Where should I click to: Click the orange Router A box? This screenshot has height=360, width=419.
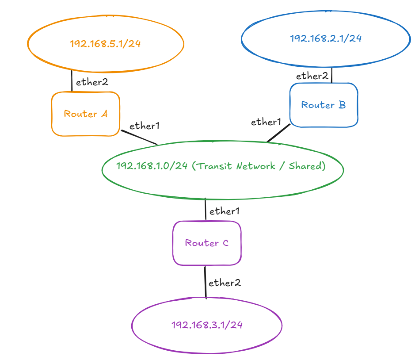[x=85, y=114]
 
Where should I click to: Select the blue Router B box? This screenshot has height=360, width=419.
[x=323, y=105]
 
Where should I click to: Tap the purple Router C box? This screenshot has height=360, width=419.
[x=206, y=243]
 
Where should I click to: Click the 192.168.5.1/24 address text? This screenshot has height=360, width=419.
[x=105, y=44]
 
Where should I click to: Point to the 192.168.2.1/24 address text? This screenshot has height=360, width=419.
[x=326, y=38]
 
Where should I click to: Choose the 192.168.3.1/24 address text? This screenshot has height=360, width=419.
[x=207, y=325]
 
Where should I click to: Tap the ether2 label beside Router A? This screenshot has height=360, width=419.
[x=92, y=82]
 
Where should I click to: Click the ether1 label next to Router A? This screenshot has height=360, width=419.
[x=144, y=126]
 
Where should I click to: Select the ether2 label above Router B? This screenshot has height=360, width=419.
[x=312, y=76]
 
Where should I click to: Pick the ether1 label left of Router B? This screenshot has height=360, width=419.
[x=266, y=122]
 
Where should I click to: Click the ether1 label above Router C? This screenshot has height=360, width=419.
[x=225, y=211]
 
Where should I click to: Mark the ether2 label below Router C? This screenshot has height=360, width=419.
[x=224, y=283]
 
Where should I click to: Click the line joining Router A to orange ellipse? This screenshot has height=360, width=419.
[x=72, y=80]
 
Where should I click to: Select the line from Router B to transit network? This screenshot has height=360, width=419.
[x=278, y=133]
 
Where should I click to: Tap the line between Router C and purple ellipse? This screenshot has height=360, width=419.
[x=205, y=282]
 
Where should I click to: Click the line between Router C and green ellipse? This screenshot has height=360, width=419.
[x=206, y=209]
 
